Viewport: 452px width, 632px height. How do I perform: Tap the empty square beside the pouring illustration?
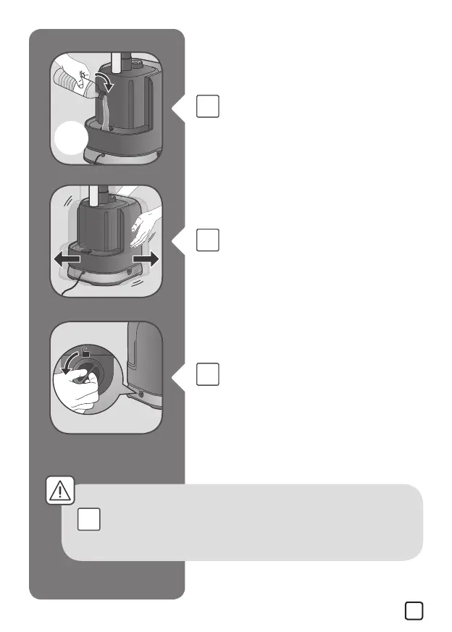tap(207, 107)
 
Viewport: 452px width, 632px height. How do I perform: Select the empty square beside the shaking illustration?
tap(207, 240)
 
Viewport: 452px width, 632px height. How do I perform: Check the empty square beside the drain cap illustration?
tap(207, 374)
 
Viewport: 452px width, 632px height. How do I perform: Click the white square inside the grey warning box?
tap(88, 519)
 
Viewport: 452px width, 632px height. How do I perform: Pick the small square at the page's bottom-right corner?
tap(414, 610)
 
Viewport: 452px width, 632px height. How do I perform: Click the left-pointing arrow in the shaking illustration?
tap(69, 258)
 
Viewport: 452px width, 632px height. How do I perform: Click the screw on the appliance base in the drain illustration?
tap(140, 395)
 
